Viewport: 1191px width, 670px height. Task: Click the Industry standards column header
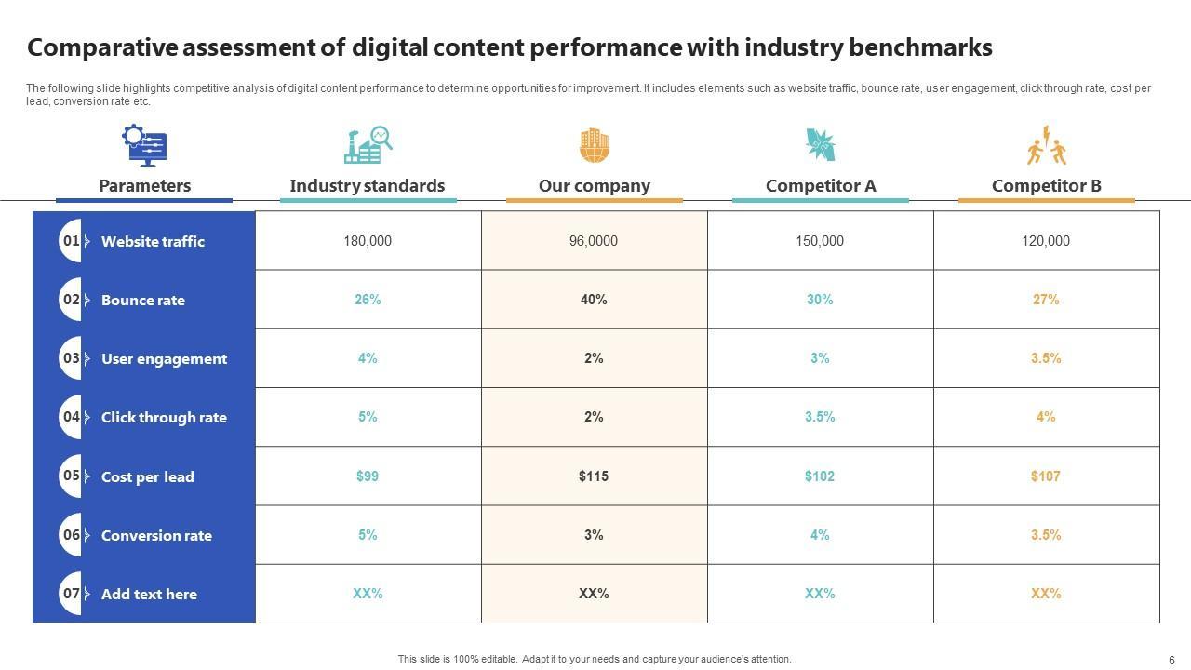click(x=368, y=186)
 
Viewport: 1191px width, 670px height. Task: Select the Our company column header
click(x=594, y=186)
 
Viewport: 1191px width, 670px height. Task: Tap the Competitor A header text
click(x=821, y=186)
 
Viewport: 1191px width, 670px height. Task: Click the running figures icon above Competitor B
click(x=1047, y=145)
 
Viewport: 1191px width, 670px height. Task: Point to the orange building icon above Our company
click(x=594, y=145)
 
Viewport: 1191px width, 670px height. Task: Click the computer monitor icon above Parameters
click(x=144, y=145)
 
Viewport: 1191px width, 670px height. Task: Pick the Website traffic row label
click(x=153, y=241)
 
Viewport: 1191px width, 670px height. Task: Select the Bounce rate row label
click(x=143, y=301)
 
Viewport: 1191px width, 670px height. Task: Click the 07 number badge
click(x=72, y=594)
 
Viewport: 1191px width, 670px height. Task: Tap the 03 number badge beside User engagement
click(x=72, y=358)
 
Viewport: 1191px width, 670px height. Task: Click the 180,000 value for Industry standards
click(x=368, y=241)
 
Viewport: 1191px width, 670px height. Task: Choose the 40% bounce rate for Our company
click(x=594, y=300)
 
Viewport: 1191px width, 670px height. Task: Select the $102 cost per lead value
click(x=820, y=476)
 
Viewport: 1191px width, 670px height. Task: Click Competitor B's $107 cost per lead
click(x=1046, y=476)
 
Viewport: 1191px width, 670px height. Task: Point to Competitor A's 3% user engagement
click(x=820, y=358)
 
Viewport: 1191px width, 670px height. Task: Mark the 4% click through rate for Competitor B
click(x=1046, y=417)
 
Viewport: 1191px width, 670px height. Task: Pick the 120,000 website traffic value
click(x=1046, y=241)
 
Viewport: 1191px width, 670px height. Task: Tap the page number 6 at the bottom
click(x=1171, y=660)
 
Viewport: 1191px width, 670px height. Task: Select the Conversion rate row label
click(x=156, y=535)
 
